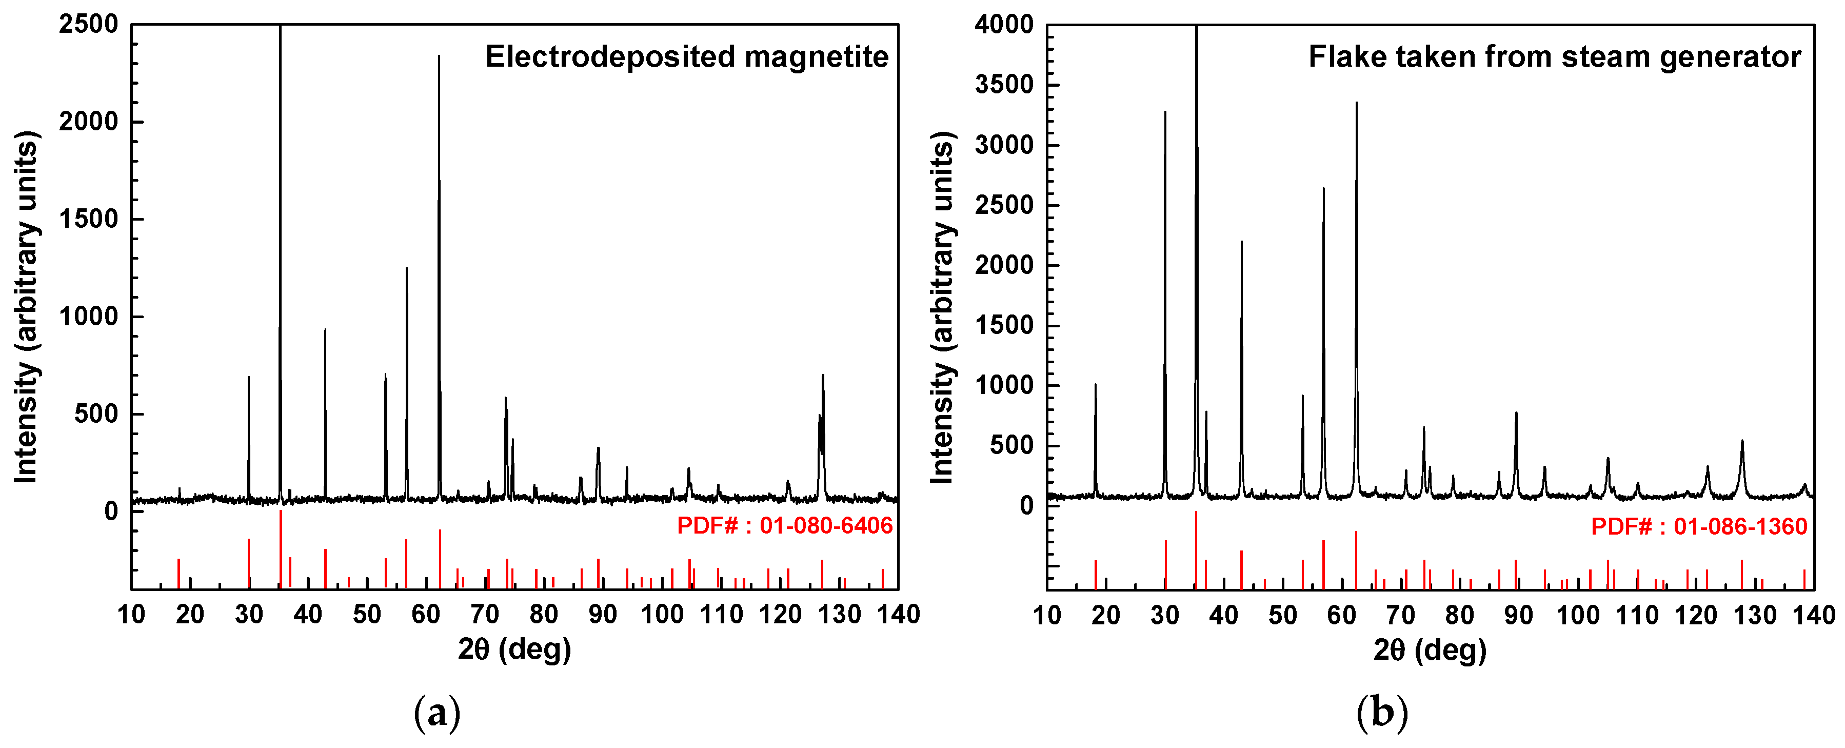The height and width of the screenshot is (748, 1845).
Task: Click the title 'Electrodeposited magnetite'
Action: pos(686,56)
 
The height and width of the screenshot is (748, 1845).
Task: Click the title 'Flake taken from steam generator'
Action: pos(1554,56)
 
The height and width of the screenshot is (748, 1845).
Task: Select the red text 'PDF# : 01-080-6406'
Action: pos(784,526)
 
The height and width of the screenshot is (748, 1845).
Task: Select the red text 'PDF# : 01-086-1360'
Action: pos(1699,526)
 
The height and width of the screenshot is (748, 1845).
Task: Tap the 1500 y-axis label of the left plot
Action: pos(89,219)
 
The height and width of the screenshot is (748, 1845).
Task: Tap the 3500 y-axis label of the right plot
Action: pos(1004,85)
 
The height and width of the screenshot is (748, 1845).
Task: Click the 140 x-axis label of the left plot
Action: pos(898,614)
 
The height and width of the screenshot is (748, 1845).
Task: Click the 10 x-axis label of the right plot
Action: pos(1047,615)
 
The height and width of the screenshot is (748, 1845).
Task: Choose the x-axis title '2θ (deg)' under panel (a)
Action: pos(514,649)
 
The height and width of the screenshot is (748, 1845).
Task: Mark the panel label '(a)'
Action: pos(437,713)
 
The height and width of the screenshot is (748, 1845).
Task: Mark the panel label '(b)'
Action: pos(1382,713)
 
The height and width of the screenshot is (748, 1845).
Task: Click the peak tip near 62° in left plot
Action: pos(439,56)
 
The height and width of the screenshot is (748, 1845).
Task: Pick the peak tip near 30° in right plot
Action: pos(1165,112)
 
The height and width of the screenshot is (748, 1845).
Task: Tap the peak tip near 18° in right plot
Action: pos(1095,385)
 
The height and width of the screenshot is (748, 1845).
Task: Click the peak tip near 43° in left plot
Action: pos(325,329)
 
